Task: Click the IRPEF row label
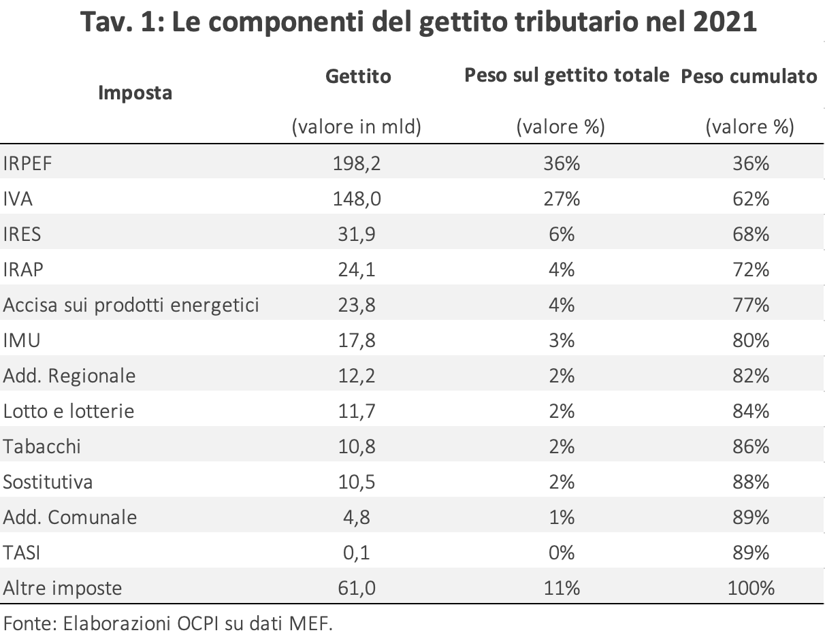[27, 163]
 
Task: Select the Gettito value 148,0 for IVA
[357, 199]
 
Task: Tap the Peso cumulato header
[749, 76]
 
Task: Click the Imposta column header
[135, 93]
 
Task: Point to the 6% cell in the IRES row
[562, 234]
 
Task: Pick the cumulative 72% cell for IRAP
[751, 269]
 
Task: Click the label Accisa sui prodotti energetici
[131, 306]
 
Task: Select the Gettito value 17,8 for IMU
[357, 340]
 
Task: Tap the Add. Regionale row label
[69, 376]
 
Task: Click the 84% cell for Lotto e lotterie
[751, 411]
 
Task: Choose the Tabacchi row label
[42, 446]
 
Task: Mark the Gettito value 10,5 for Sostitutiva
[357, 483]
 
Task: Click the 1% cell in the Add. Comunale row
[562, 517]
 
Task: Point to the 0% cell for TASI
[562, 553]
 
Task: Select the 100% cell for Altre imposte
[751, 589]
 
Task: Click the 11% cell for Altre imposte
[562, 589]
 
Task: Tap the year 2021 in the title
[725, 22]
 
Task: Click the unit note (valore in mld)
[357, 127]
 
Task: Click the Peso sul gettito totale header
[567, 76]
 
